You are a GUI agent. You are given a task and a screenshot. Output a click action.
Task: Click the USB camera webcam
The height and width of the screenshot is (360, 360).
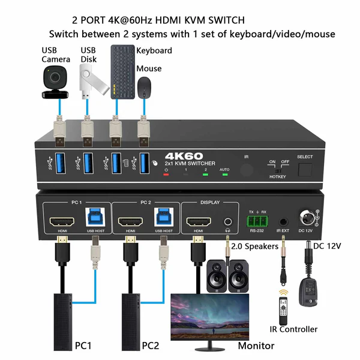[56, 80]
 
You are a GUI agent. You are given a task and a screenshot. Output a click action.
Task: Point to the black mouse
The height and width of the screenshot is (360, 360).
[145, 89]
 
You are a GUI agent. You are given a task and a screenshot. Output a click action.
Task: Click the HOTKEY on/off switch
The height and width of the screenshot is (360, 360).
[278, 170]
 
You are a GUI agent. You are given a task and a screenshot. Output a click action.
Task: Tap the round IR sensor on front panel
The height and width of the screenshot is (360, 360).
[246, 169]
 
